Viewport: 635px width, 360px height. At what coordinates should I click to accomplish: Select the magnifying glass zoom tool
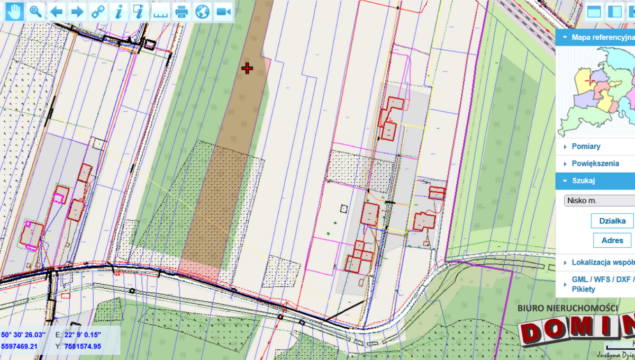pos(35,11)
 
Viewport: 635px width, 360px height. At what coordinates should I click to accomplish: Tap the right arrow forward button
pos(77,11)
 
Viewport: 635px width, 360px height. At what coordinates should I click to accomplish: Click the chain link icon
pos(98,11)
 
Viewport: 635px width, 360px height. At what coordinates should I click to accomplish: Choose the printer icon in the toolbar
pos(182,11)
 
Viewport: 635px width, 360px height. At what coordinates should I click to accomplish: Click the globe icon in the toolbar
pos(202,11)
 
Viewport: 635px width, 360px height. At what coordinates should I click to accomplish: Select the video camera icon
pos(223,11)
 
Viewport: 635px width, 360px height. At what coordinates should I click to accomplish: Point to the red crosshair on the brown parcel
pos(247,68)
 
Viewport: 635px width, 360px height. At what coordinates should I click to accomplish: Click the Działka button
pos(612,221)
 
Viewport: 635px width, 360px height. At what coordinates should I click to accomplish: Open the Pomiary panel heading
pos(586,146)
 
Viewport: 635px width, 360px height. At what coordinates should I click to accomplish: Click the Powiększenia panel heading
pos(595,164)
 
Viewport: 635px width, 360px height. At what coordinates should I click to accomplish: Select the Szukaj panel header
pos(583,181)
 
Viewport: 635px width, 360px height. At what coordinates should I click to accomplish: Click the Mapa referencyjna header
pos(601,38)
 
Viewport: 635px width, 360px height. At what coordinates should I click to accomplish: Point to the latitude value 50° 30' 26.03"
pos(23,335)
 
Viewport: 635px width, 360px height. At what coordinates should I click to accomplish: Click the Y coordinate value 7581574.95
pos(83,347)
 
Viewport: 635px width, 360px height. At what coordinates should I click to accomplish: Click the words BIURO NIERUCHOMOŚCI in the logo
pos(567,308)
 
